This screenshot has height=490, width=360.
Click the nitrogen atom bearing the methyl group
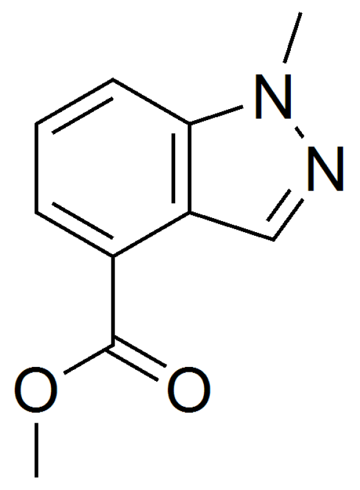click(x=274, y=97)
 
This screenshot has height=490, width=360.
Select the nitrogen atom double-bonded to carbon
click(x=326, y=168)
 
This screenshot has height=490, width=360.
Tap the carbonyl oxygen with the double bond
click(x=189, y=390)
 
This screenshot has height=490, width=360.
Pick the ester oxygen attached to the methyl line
click(x=36, y=390)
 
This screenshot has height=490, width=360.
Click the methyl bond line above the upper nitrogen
click(x=293, y=37)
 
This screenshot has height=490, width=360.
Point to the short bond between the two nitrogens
click(x=299, y=132)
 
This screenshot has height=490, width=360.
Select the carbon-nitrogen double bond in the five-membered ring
click(x=284, y=216)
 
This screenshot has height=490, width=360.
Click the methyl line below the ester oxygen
click(x=37, y=450)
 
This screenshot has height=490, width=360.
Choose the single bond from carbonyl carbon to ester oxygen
click(x=88, y=359)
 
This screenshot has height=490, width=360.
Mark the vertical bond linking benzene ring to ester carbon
click(x=113, y=301)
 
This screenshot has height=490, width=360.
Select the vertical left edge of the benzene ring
click(x=37, y=168)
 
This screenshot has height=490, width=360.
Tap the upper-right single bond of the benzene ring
click(x=152, y=101)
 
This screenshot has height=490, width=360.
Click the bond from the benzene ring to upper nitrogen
click(x=216, y=115)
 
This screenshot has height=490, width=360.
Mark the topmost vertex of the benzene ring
click(x=113, y=80)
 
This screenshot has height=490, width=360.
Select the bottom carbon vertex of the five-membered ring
click(x=272, y=239)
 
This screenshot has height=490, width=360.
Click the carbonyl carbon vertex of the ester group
click(x=113, y=345)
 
